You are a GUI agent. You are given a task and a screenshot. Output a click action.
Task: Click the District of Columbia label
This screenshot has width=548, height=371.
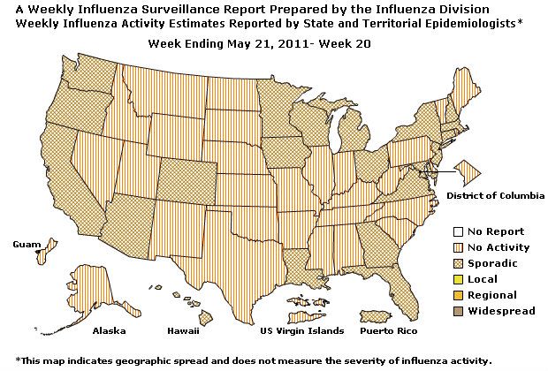(495, 194)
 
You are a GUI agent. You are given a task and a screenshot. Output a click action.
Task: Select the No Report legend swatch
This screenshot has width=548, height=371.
(459, 231)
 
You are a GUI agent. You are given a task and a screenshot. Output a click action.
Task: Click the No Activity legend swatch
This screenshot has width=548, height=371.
(459, 247)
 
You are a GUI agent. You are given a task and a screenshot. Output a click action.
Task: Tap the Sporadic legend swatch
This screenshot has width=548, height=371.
(459, 263)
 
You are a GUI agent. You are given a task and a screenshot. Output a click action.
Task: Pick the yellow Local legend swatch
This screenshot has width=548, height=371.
(459, 279)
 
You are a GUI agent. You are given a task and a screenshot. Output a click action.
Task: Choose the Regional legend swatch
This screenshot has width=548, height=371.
(459, 295)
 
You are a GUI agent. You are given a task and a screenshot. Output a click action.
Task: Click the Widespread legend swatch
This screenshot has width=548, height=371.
(459, 311)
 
